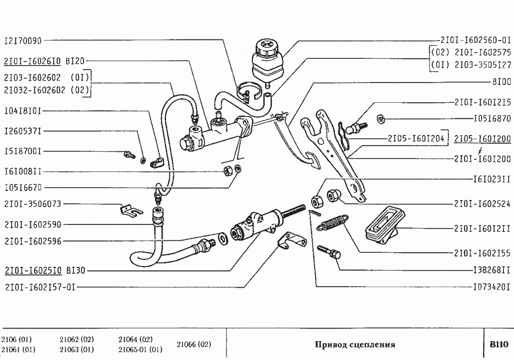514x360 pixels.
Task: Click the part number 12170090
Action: (23, 42)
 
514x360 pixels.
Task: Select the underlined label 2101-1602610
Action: (32, 61)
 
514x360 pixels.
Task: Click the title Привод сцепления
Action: (355, 345)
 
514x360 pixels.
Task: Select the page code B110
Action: (498, 345)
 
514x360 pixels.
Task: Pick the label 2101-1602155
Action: (482, 252)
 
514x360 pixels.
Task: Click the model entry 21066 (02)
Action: (194, 345)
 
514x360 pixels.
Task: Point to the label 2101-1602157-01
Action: (40, 287)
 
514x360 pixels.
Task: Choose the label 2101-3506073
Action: (32, 204)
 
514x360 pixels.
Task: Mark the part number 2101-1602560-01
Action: (475, 41)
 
